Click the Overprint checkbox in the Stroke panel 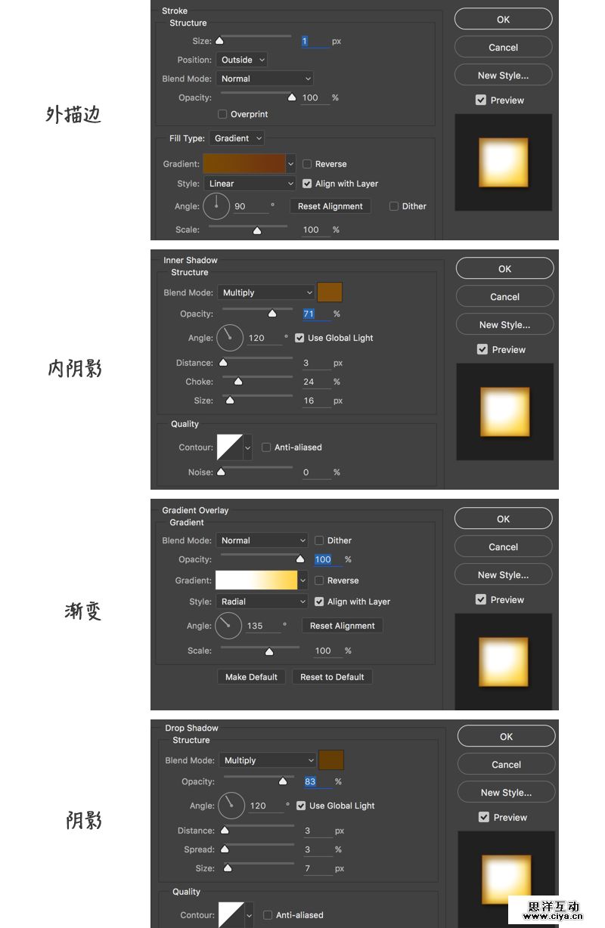tap(222, 114)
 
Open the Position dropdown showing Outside tap(241, 60)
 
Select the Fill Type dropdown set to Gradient tap(237, 138)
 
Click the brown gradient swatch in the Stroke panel tap(244, 164)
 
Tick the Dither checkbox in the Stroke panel tap(393, 206)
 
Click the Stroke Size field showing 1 tap(315, 41)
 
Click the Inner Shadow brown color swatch tap(330, 292)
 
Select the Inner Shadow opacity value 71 tap(309, 314)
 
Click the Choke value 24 tap(309, 382)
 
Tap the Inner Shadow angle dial tap(230, 338)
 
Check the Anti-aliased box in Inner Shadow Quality tap(266, 447)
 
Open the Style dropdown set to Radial tap(262, 602)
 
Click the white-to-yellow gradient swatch tap(256, 580)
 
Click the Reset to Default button tap(332, 677)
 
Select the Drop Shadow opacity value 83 tap(310, 781)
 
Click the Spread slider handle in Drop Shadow tap(225, 849)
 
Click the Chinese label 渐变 tap(83, 611)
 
